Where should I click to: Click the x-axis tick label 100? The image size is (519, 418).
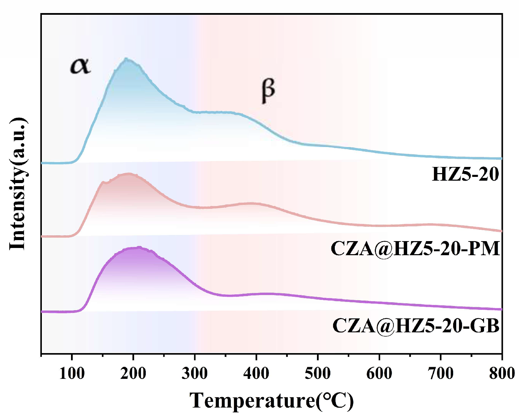coord(72,373)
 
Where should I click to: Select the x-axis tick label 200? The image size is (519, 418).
coord(133,373)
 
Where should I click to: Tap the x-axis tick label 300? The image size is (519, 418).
coord(194,373)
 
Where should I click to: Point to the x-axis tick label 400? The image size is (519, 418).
coord(256,373)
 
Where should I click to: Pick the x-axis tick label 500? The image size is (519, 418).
coord(318,373)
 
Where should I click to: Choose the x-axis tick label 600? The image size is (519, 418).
coord(379,373)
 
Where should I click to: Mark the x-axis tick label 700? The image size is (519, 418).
coord(440,373)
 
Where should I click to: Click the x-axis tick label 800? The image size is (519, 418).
coord(502,373)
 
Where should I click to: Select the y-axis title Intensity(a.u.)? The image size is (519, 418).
coord(18,184)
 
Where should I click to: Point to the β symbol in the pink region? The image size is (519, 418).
coord(268,90)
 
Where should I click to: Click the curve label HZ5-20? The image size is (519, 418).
coord(465,174)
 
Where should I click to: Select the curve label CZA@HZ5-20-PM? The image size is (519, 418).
coord(415,248)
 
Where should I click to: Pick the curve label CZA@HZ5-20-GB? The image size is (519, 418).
coord(416,325)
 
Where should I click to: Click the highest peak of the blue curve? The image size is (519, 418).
coord(127,59)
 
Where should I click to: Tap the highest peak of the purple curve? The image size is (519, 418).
coord(139,247)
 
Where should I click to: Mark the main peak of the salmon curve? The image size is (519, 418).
coord(129,174)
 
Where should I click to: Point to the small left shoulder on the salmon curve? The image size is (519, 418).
coord(103,182)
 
